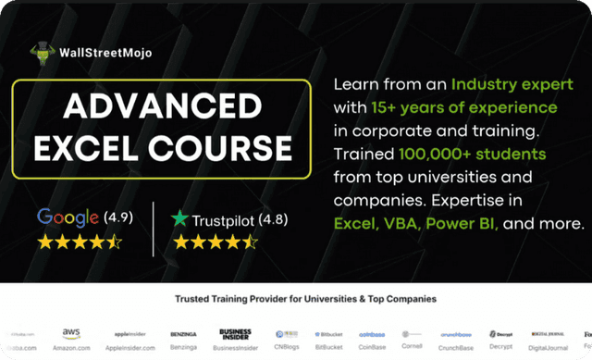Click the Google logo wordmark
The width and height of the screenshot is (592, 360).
tap(68, 218)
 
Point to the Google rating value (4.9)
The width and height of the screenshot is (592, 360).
tap(117, 219)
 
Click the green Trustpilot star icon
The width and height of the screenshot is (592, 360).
tap(179, 219)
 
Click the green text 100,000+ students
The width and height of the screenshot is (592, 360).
tap(473, 153)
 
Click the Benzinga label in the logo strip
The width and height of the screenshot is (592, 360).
tap(183, 347)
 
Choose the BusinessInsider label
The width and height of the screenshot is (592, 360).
tap(236, 347)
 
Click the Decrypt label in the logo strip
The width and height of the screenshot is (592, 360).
tap(503, 347)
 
